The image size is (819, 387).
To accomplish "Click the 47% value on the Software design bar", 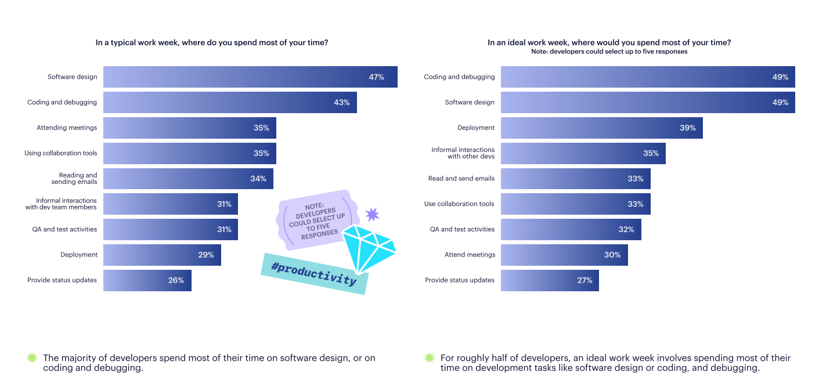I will (x=376, y=77).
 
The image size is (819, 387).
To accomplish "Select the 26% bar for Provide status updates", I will (x=147, y=280).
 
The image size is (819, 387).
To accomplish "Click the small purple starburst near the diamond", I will (x=372, y=214).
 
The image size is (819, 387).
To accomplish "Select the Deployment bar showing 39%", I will (x=601, y=128).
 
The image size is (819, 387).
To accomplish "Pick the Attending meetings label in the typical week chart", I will (x=67, y=128).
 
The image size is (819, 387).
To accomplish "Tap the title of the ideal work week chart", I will (x=609, y=42).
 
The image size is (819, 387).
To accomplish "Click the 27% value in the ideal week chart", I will (x=585, y=280).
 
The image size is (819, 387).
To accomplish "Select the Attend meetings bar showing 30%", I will (x=564, y=255).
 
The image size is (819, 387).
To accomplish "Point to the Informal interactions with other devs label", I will (x=463, y=153).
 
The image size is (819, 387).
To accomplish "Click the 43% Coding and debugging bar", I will (x=230, y=102).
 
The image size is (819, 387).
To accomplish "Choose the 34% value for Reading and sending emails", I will (x=258, y=179).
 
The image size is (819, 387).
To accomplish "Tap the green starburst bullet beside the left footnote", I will (x=33, y=358).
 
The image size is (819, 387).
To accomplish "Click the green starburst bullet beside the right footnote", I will (x=430, y=358).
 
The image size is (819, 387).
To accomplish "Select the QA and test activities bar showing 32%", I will (x=571, y=229).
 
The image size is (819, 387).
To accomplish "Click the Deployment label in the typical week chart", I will (x=79, y=255).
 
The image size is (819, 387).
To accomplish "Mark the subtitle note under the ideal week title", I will (x=609, y=52).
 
